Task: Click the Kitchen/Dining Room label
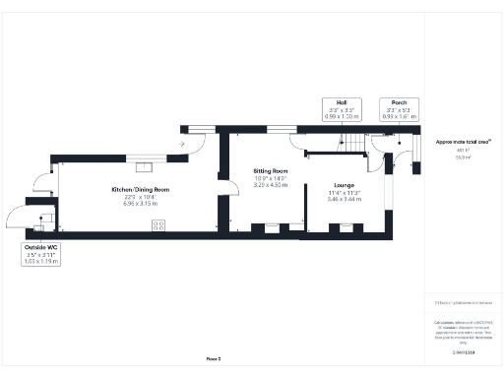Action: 141,189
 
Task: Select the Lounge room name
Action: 344,185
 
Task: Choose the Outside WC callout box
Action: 41,254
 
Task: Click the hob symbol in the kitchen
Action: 157,225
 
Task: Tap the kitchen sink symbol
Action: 144,154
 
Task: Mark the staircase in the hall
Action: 351,145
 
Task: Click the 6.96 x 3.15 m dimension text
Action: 141,203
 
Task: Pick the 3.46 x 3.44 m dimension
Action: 344,200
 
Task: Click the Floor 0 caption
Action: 214,359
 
